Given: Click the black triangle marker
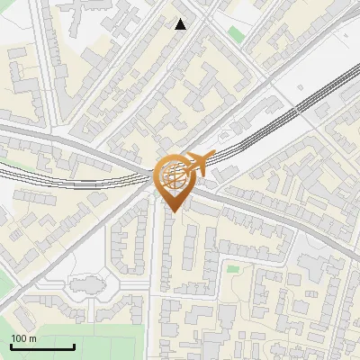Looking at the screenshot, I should tap(181, 24).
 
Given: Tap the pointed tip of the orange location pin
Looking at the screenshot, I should tap(174, 212).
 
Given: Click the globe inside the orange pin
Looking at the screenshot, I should tap(174, 176).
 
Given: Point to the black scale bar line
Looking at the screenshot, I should tap(42, 346).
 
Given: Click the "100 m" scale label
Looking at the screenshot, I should tap(23, 338).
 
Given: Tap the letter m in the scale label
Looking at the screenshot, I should tap(32, 338).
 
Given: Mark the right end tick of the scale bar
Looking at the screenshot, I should tap(74, 346).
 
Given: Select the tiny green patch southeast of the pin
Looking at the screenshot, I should tap(232, 268).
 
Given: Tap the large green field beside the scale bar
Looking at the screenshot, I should tap(108, 337).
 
